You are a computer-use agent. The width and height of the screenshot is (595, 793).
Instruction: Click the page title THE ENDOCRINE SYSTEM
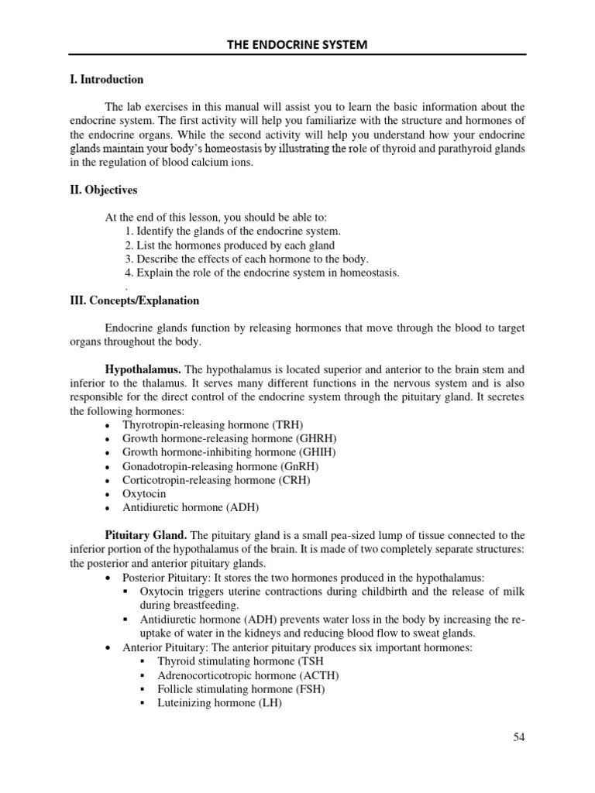pos(297,45)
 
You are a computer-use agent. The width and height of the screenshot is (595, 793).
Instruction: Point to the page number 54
pos(519,736)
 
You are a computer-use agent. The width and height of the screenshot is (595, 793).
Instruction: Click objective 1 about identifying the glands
pos(232,232)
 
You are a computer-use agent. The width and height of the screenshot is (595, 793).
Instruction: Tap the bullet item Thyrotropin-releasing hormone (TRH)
pos(213,425)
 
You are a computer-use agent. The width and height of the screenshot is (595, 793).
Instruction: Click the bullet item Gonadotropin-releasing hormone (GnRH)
pos(220,466)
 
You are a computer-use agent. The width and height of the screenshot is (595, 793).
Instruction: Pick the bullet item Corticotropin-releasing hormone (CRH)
pos(216,480)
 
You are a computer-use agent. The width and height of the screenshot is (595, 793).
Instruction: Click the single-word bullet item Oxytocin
pos(143,494)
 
